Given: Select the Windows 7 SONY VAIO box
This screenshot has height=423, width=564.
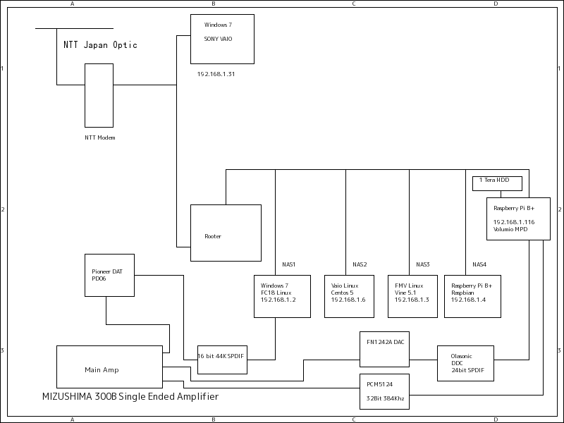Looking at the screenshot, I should point(222,39).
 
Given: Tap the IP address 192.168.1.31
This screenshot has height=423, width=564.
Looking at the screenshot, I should point(216,74).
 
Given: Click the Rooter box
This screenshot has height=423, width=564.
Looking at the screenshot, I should point(226,233).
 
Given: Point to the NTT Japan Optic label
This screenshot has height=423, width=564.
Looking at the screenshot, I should point(100,45).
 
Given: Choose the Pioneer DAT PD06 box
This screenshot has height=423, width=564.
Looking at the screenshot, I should point(109,275).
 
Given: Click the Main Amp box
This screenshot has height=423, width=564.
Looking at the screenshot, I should point(109,367).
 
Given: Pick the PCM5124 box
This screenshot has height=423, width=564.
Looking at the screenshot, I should point(384,391).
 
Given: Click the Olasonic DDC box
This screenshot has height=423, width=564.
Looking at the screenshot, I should point(465,363).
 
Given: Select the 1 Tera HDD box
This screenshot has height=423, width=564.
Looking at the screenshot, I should point(497,183).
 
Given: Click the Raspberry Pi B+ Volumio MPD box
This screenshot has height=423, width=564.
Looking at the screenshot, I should point(518,219).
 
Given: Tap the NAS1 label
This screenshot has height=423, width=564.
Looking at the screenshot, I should point(288,264).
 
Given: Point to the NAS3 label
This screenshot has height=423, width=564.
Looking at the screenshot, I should point(422,264).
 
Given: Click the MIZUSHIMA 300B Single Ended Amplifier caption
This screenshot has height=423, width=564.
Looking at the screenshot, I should point(130,397).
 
